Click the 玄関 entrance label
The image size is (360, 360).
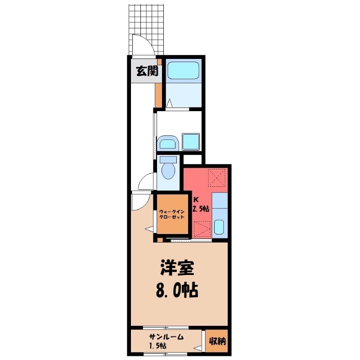[x=147, y=71]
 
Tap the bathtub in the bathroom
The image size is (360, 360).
[x=183, y=70]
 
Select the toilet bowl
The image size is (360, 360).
[x=168, y=171]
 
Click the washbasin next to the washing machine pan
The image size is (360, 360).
[x=168, y=143]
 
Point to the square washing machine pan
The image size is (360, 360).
[x=190, y=141]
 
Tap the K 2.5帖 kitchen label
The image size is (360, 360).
[x=200, y=204]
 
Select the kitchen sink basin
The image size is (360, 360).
[x=219, y=226]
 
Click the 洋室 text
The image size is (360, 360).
[x=177, y=268]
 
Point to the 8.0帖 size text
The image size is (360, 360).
[x=177, y=290]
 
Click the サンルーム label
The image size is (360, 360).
[x=166, y=337]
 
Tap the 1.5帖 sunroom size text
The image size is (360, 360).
[x=158, y=346]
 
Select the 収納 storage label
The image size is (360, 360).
[x=217, y=341]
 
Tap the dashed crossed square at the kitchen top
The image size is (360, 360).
[x=216, y=178]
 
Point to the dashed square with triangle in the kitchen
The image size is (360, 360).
[x=202, y=229]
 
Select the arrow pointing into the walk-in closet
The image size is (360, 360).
[x=149, y=229]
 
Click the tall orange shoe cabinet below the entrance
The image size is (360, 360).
[x=158, y=95]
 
